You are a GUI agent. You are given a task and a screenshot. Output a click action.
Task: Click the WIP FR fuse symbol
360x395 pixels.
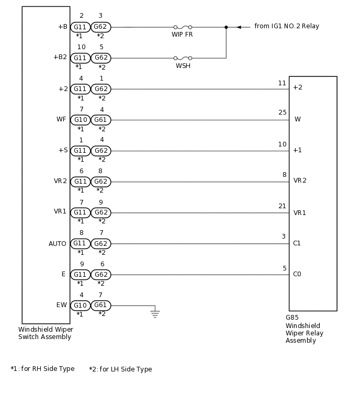182,27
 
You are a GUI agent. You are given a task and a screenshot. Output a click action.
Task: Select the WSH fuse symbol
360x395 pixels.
182,58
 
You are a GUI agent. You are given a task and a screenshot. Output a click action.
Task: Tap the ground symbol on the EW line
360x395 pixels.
155,313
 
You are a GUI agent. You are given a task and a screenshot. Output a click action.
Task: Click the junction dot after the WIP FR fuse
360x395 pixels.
226,27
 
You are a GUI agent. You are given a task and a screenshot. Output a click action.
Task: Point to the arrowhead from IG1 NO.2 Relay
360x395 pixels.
239,27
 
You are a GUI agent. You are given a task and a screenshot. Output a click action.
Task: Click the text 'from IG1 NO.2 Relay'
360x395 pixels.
286,26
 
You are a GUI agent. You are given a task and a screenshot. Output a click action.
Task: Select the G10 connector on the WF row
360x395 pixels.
80,120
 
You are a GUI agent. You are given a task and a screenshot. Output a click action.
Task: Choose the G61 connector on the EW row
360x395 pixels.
101,305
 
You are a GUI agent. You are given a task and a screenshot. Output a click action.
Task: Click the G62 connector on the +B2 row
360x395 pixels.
101,58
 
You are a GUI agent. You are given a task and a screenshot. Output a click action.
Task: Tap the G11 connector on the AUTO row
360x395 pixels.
80,243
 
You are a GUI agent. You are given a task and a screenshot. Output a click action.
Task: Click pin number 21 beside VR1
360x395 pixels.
282,206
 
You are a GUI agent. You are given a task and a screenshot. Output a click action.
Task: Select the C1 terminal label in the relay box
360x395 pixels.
297,243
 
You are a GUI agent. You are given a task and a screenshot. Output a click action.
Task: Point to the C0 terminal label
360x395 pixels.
297,274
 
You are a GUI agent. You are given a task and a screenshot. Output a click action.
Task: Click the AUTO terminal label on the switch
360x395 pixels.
58,244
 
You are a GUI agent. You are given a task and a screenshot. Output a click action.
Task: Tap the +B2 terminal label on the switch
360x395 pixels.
60,58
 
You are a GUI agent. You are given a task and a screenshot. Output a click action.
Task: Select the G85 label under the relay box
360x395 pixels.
292,318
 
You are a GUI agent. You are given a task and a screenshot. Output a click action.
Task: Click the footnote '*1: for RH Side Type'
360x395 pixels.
42,369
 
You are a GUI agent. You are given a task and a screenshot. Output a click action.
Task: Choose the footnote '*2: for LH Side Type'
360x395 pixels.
120,369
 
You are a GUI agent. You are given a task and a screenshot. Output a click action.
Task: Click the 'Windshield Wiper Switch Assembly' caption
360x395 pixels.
46,333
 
